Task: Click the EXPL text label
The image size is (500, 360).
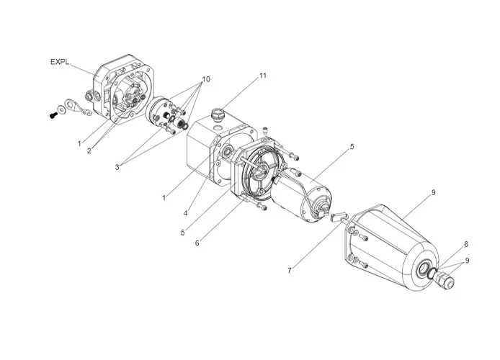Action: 60,61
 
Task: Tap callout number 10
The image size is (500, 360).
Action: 206,79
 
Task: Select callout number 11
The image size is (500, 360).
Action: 262,76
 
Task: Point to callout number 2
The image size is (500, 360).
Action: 89,151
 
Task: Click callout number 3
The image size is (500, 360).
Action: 117,167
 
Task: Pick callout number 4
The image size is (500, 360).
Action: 186,213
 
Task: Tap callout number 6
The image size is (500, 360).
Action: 197,243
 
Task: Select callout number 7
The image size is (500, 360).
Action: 289,271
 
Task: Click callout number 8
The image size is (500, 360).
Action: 466,244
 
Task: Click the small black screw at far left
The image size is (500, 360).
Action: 53,115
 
